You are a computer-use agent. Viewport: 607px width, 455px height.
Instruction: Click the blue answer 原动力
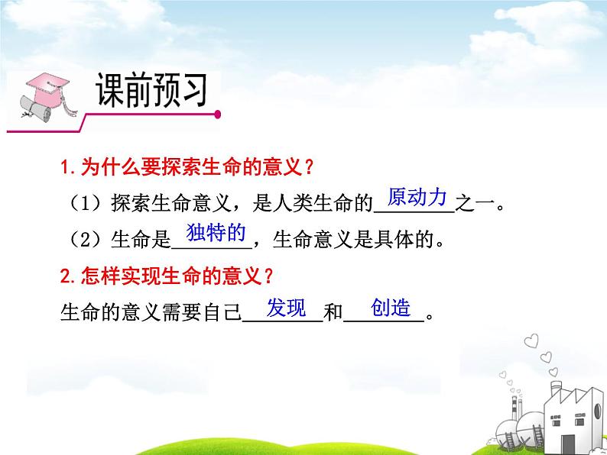click(x=417, y=198)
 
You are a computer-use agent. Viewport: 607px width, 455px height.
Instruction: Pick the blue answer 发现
click(x=287, y=308)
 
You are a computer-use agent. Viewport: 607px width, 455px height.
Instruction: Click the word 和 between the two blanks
click(x=333, y=315)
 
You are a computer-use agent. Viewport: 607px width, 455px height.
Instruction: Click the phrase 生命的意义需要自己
click(x=150, y=315)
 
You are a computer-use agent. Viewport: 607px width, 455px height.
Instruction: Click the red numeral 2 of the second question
click(x=64, y=276)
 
